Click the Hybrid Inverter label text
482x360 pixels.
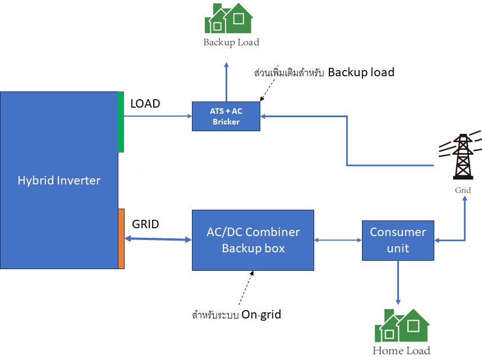coord(59,181)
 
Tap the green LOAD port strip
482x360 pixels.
coord(121,122)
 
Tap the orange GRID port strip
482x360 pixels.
coord(121,238)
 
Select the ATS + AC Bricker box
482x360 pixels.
coord(226,116)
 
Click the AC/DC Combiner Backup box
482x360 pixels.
coord(253,240)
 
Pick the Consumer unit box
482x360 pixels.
coord(398,240)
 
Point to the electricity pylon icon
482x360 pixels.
coord(461,157)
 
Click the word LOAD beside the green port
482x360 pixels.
coord(145,104)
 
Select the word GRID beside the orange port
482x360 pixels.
coord(145,224)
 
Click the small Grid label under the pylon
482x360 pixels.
coord(462,191)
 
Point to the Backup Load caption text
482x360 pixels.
coord(231,42)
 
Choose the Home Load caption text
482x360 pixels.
coord(401,351)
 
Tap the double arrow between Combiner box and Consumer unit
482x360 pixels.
coord(338,240)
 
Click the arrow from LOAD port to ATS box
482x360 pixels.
coord(157,116)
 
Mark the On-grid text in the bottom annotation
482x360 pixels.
coord(261,315)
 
